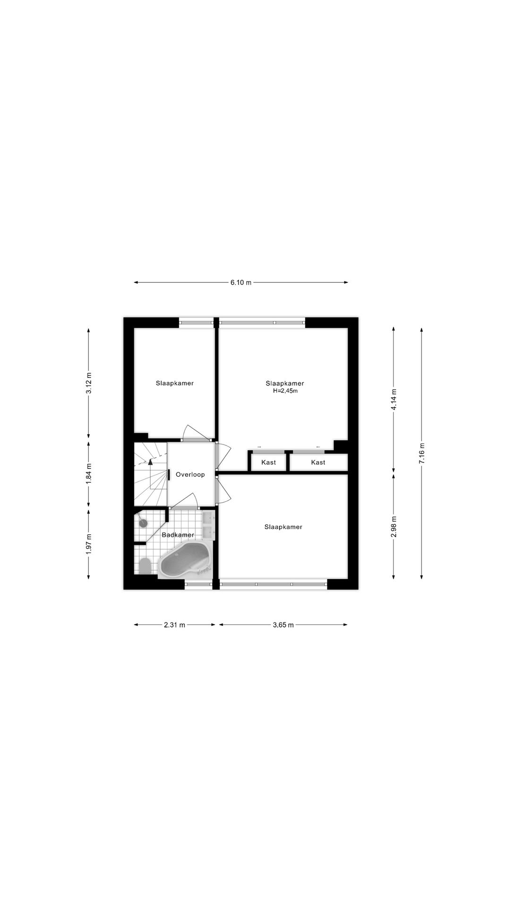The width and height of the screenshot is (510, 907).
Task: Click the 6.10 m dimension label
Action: pyautogui.click(x=241, y=282)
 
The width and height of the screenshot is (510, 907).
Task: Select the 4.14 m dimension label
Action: pyautogui.click(x=394, y=400)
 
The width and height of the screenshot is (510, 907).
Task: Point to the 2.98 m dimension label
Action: pyautogui.click(x=394, y=526)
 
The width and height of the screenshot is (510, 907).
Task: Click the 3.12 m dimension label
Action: pyautogui.click(x=89, y=383)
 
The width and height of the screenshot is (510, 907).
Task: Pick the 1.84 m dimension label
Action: pyautogui.click(x=89, y=475)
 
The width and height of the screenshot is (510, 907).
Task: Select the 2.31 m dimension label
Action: pyautogui.click(x=175, y=625)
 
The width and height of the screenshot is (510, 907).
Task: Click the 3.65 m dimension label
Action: pyautogui.click(x=283, y=625)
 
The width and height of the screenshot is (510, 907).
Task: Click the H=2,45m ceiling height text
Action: pyautogui.click(x=285, y=391)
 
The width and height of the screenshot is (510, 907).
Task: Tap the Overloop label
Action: pyautogui.click(x=190, y=474)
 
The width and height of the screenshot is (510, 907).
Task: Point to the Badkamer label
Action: pyautogui.click(x=178, y=535)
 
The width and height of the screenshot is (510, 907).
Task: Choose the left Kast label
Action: pyautogui.click(x=269, y=462)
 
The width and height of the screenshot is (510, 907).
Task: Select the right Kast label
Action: pyautogui.click(x=318, y=462)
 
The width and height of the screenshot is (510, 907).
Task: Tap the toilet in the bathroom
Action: pyautogui.click(x=145, y=565)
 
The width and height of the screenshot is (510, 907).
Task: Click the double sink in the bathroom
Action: pyautogui.click(x=209, y=525)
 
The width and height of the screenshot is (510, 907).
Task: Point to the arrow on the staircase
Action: pyautogui.click(x=150, y=463)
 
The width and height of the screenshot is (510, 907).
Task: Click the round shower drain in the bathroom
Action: pyautogui.click(x=143, y=523)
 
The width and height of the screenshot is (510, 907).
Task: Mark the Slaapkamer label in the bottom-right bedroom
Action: pyautogui.click(x=283, y=527)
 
